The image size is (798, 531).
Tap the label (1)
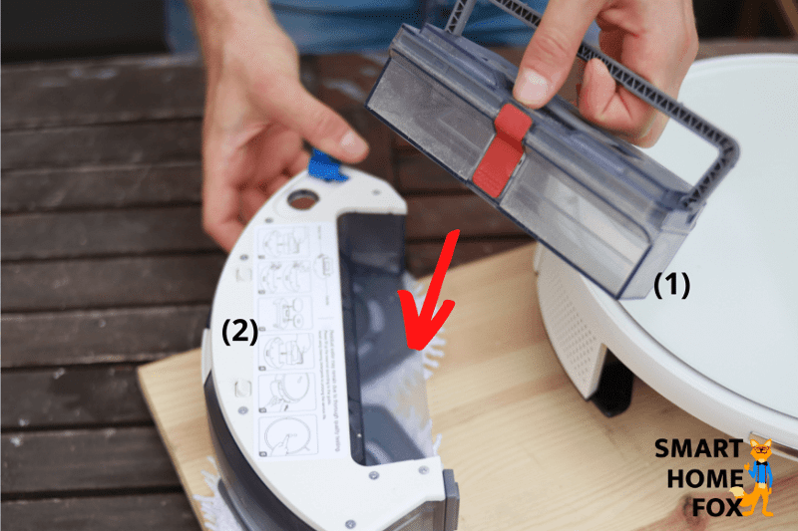[671, 285]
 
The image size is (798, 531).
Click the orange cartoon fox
[759, 477]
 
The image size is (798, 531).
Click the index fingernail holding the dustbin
[531, 88]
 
